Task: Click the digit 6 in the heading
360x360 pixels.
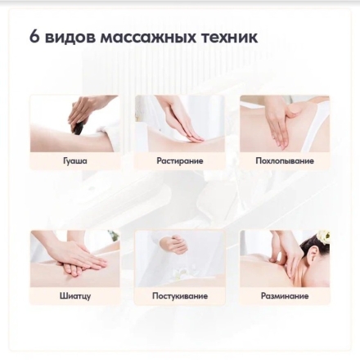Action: [34, 36]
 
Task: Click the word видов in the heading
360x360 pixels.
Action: [70, 37]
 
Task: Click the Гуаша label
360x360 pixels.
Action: [75, 161]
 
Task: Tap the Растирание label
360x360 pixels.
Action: [180, 161]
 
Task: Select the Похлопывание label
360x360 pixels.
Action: [285, 161]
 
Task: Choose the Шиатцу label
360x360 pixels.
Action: [75, 296]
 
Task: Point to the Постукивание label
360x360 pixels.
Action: [180, 296]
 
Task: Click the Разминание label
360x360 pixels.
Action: [285, 296]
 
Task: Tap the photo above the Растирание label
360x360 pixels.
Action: [180, 124]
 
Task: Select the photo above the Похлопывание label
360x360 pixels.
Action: [285, 124]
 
